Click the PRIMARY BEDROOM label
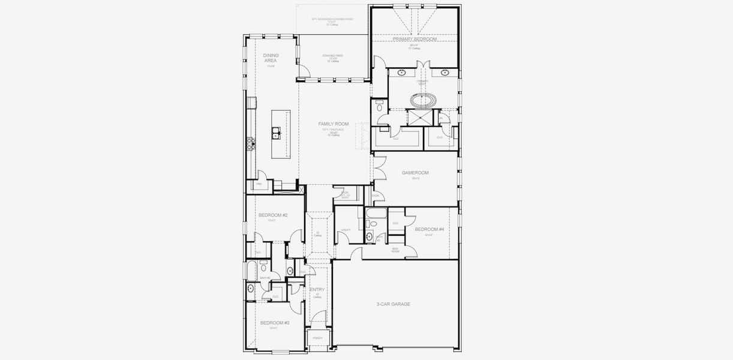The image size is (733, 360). coord(414,38)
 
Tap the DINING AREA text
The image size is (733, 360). coord(271,58)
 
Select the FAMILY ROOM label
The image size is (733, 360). coord(334,124)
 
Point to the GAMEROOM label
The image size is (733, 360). coord(415,173)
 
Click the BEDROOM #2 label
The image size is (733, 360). coord(273,215)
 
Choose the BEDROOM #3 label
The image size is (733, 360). coord(275,323)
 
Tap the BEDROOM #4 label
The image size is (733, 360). coord(429,229)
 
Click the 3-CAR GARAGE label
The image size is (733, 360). coord(393,304)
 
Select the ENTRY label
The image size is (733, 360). coord(317,290)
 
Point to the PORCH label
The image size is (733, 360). coord(317,338)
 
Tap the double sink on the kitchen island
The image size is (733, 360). coord(277,133)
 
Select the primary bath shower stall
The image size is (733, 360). coord(418,116)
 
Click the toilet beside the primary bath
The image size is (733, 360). coord(379,107)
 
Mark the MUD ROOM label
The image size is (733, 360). coord(396,249)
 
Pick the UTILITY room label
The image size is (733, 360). coord(346,230)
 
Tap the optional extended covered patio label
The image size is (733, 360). coord(332,21)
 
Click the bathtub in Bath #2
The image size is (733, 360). coord(251,269)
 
